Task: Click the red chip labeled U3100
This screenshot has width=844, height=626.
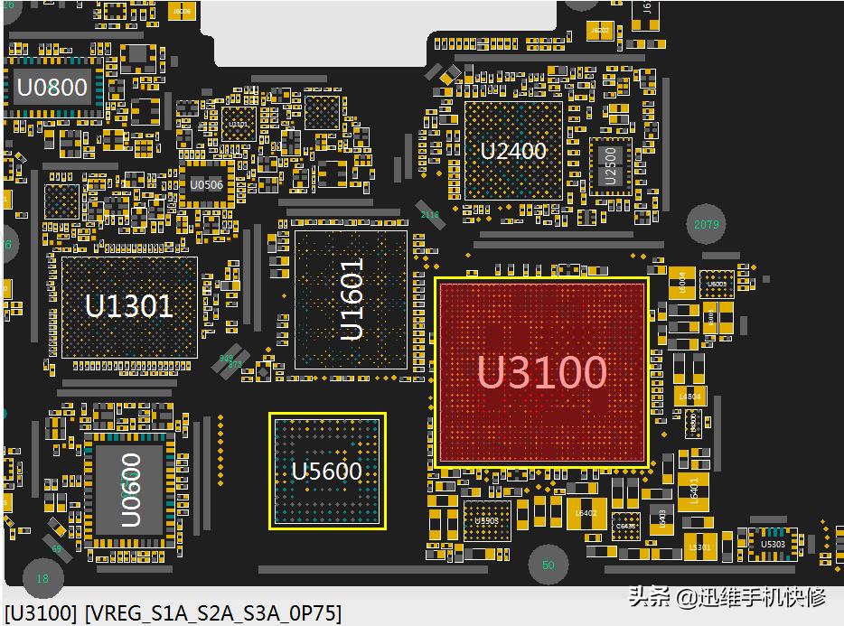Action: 542,372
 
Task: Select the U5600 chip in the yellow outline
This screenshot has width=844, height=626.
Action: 327,471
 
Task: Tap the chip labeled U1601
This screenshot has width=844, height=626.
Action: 352,299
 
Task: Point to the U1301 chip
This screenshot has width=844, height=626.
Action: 128,305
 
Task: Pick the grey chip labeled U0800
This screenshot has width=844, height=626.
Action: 52,88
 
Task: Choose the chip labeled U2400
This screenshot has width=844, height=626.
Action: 513,150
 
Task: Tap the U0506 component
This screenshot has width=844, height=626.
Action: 206,184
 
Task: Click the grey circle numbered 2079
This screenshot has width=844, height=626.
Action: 707,224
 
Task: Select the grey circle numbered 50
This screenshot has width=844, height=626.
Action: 548,565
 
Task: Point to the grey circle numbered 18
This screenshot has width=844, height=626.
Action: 42,578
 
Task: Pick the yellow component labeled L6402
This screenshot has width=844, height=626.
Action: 586,513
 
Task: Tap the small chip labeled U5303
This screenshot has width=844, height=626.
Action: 774,544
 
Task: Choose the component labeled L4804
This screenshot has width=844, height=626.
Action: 689,397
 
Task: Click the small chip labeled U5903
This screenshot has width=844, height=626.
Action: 487,520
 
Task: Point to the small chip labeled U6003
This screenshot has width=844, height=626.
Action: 717,285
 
